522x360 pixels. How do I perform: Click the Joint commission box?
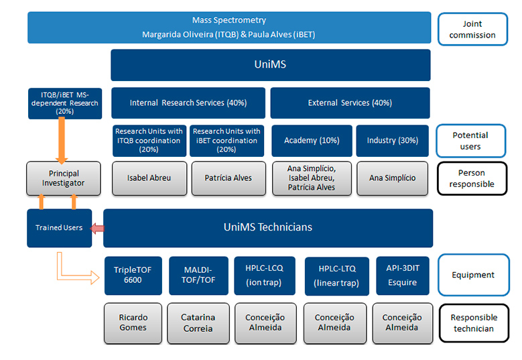point(472,29)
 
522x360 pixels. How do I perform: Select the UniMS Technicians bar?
point(268,228)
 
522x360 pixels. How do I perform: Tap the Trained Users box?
point(59,228)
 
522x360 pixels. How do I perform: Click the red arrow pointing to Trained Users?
point(97,229)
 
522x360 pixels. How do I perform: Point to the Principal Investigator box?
point(63,178)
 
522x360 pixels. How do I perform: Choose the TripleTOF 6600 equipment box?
point(133,276)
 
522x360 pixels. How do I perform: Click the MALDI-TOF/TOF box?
point(198,276)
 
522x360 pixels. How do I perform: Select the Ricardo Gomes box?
point(133,323)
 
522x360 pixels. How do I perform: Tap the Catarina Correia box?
point(198,323)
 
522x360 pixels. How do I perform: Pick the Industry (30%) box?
point(393,141)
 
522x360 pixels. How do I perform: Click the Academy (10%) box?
point(312,141)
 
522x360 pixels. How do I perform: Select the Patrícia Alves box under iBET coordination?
point(229,178)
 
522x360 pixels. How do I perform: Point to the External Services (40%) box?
point(350,103)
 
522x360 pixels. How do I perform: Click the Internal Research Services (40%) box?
point(188,103)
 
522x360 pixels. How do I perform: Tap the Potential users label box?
point(470,141)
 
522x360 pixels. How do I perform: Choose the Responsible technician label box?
point(474,323)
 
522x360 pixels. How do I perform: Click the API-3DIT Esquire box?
point(403,276)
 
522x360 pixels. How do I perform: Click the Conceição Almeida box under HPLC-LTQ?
point(335,323)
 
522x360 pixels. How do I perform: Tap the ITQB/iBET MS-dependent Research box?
point(65,103)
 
